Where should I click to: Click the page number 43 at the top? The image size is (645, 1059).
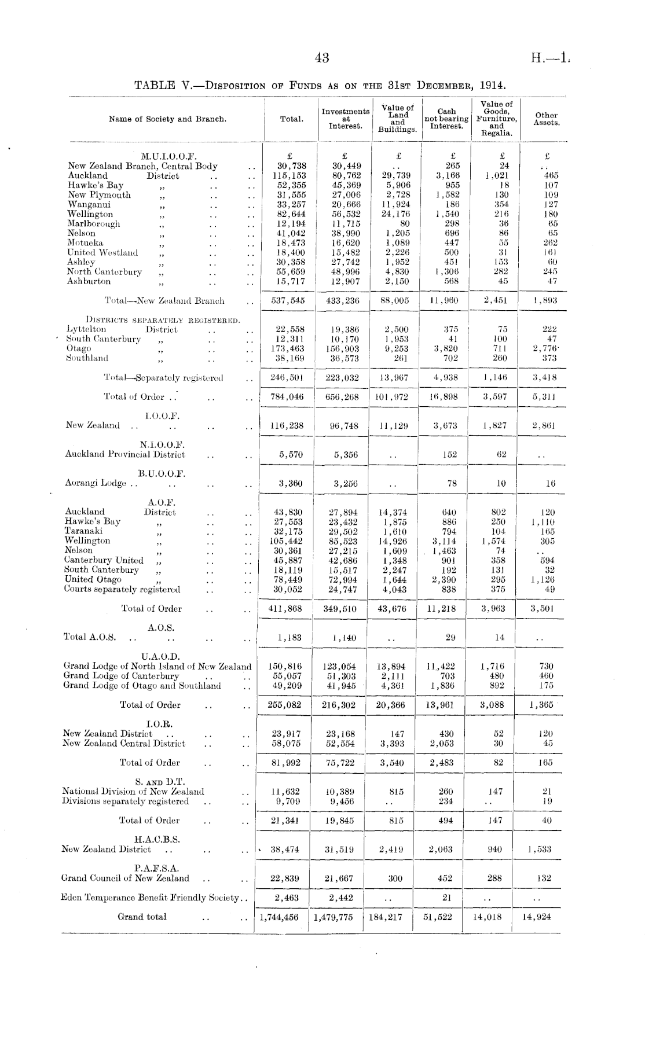pyautogui.click(x=322, y=57)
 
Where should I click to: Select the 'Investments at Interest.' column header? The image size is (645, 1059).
pyautogui.click(x=346, y=119)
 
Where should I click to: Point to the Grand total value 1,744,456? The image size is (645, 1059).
pyautogui.click(x=280, y=917)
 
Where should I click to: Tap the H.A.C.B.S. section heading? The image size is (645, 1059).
pyautogui.click(x=157, y=840)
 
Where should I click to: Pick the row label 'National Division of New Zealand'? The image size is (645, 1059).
pyautogui.click(x=133, y=792)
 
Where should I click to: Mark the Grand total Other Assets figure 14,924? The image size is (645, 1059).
pyautogui.click(x=537, y=917)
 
